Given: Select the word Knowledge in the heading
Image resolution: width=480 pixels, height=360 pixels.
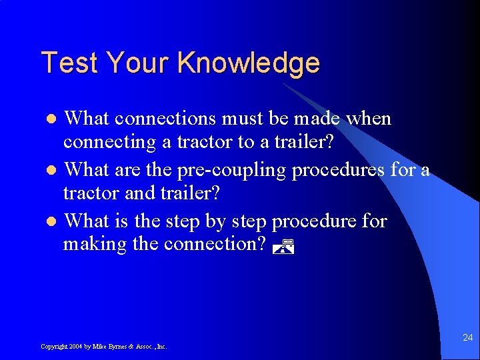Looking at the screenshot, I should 249,63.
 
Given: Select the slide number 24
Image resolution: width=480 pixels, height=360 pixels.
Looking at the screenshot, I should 467,338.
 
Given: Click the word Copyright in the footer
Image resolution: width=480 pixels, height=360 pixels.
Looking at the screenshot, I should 53,347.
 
